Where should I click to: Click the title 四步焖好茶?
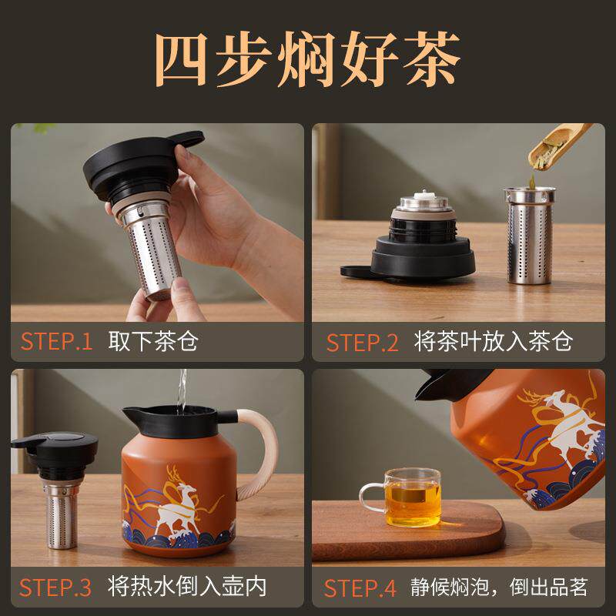pyautogui.click(x=308, y=59)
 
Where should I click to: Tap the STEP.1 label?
pyautogui.click(x=56, y=341)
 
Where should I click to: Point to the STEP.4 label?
pyautogui.click(x=360, y=588)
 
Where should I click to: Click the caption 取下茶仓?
pyautogui.click(x=152, y=341)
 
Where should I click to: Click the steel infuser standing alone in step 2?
pyautogui.click(x=530, y=235)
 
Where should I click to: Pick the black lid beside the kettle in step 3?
pyautogui.click(x=55, y=454)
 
